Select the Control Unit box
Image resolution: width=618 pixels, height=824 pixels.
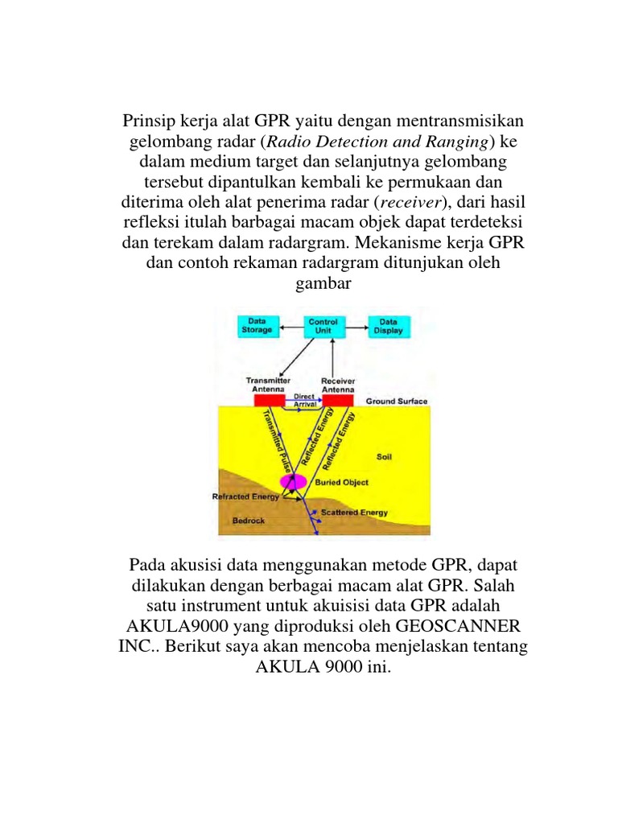coord(323,326)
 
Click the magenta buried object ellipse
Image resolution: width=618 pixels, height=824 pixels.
coord(293,481)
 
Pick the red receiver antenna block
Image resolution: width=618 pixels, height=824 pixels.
coord(338,400)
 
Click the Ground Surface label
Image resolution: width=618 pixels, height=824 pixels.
coord(397,401)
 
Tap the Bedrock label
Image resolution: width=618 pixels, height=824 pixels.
coord(249,520)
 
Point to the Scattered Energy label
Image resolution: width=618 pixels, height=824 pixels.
coord(354,512)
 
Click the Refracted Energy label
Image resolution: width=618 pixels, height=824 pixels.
coord(245,496)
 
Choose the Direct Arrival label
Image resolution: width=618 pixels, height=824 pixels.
coord(304,399)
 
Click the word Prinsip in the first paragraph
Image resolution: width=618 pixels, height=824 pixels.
coord(148,121)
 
